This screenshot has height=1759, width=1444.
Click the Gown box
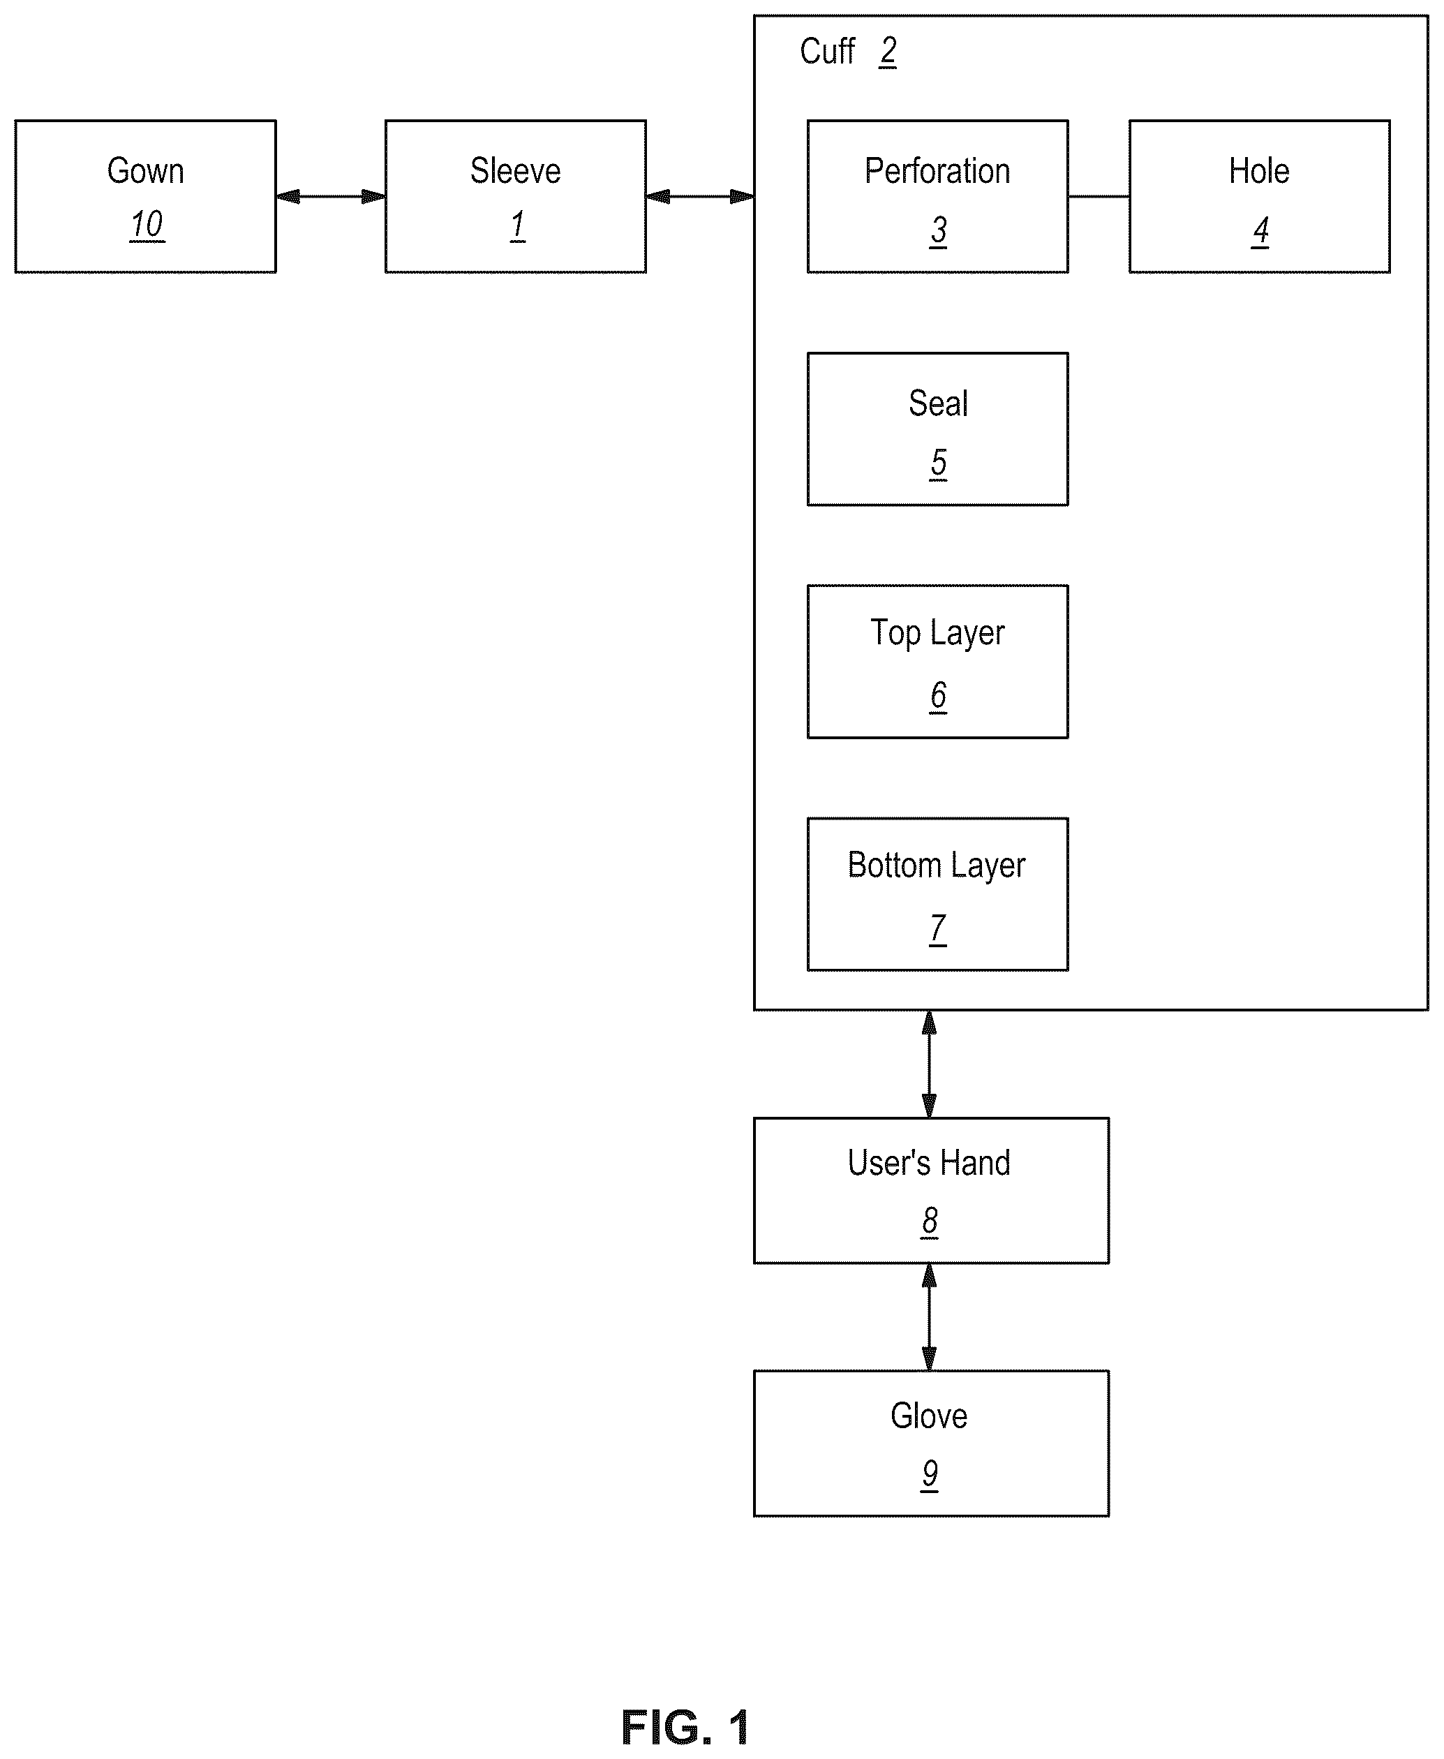click(146, 196)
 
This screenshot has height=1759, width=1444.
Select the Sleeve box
click(516, 196)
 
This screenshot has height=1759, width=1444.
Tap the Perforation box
click(937, 196)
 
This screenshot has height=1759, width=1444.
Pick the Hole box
click(1259, 196)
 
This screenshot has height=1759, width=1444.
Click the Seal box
click(937, 429)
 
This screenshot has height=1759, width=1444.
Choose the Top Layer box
click(937, 662)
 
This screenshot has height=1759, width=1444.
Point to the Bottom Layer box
click(937, 894)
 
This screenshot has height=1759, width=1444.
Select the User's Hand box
click(931, 1191)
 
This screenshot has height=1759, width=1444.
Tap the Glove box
click(931, 1443)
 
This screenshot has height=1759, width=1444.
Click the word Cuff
click(827, 52)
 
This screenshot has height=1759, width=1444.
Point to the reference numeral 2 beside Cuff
click(888, 52)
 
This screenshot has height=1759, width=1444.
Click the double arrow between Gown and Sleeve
click(331, 196)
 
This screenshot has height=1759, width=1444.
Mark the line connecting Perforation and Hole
click(1099, 196)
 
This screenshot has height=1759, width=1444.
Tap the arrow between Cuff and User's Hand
click(929, 1064)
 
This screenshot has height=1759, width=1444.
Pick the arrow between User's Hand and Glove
click(929, 1317)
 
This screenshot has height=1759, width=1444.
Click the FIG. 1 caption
click(685, 1728)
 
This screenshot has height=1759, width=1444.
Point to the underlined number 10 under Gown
click(147, 225)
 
